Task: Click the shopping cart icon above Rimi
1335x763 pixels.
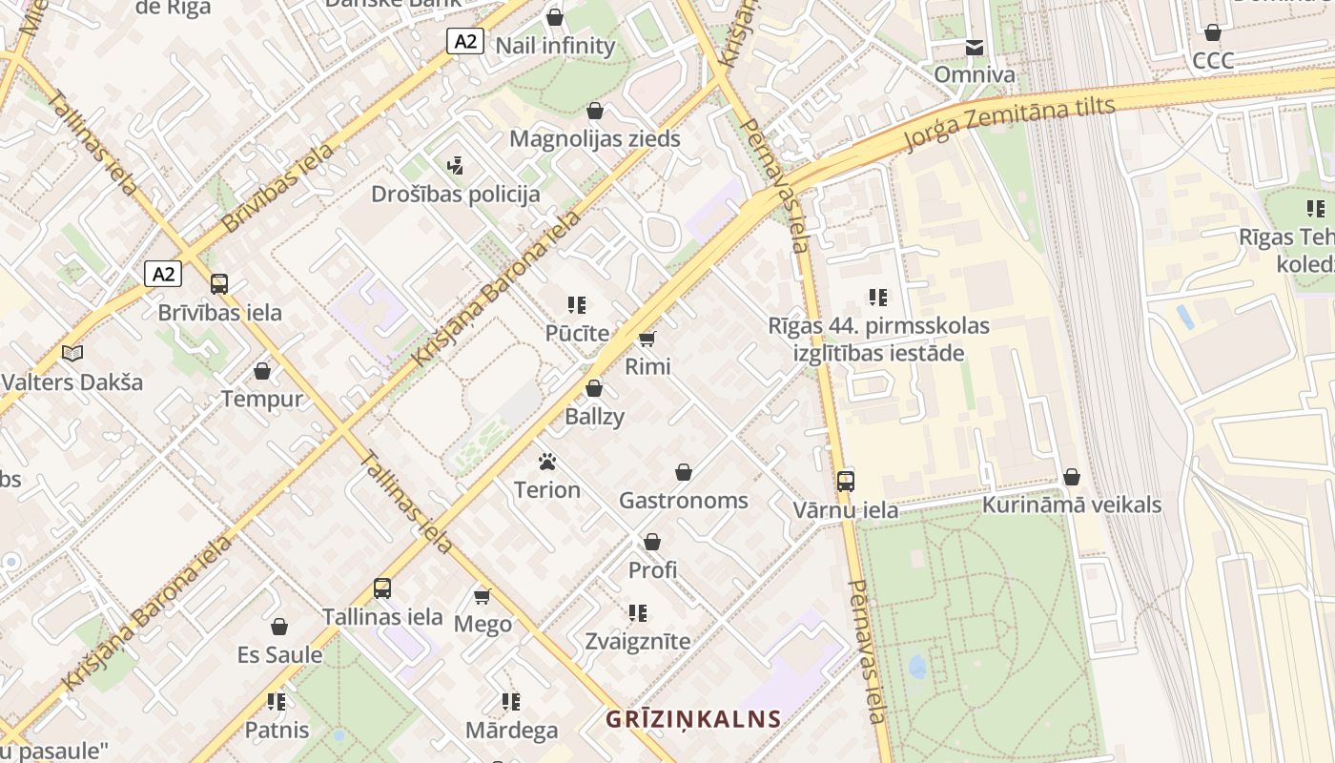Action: pyautogui.click(x=647, y=339)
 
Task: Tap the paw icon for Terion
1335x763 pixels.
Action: pyautogui.click(x=546, y=463)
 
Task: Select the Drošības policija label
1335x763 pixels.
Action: pyautogui.click(x=456, y=195)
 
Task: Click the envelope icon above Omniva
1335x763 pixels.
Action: pyautogui.click(x=975, y=48)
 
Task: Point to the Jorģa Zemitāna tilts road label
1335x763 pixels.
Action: pyautogui.click(x=1009, y=125)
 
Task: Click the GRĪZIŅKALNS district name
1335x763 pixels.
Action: pyautogui.click(x=693, y=719)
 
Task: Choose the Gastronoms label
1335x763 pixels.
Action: pyautogui.click(x=684, y=501)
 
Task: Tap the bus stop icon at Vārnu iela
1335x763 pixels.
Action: pyautogui.click(x=845, y=481)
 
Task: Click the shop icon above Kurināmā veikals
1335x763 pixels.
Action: pyautogui.click(x=1072, y=477)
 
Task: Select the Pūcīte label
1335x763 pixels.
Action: pyautogui.click(x=577, y=334)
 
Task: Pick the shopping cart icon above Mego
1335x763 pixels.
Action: pyautogui.click(x=483, y=596)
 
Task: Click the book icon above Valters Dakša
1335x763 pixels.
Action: pyautogui.click(x=72, y=354)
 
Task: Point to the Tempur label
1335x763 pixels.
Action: pyautogui.click(x=262, y=399)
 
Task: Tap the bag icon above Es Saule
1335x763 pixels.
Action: pyautogui.click(x=279, y=627)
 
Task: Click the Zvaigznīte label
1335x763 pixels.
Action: pyautogui.click(x=638, y=641)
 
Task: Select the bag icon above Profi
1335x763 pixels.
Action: pyautogui.click(x=652, y=542)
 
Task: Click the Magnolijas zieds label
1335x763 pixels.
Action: pyautogui.click(x=595, y=139)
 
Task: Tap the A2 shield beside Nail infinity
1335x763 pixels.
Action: pyautogui.click(x=465, y=41)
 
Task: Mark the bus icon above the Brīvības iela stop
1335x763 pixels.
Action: pyautogui.click(x=219, y=283)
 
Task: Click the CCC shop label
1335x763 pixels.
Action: pyautogui.click(x=1213, y=61)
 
